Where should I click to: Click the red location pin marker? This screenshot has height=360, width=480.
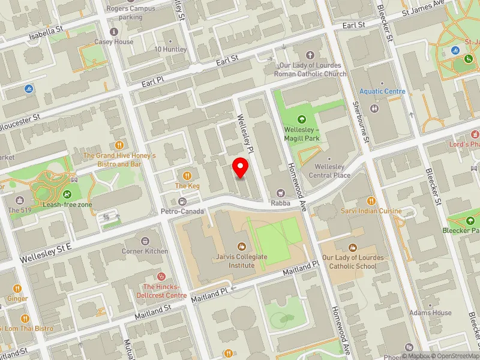pos(241,167)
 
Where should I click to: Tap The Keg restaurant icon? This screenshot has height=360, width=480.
pos(187,175)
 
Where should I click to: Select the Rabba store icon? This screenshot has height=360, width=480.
pos(280,193)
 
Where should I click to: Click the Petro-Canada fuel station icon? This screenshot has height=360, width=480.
pos(182,201)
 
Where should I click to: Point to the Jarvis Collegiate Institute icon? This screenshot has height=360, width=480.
pos(242,247)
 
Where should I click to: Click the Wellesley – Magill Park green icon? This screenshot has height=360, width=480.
pos(301,119)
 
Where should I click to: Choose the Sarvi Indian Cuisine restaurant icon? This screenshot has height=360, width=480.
pos(371,200)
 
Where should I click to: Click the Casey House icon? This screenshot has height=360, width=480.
pos(114,32)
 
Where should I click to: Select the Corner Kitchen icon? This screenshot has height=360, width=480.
pos(145,241)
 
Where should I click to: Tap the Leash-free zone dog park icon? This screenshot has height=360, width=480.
pos(67,194)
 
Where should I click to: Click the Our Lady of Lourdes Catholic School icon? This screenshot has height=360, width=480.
pos(353,247)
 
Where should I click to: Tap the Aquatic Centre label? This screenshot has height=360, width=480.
pos(382,91)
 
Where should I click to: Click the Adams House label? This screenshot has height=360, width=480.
pos(430,313)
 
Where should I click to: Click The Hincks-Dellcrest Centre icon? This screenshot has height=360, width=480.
pos(161,277)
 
